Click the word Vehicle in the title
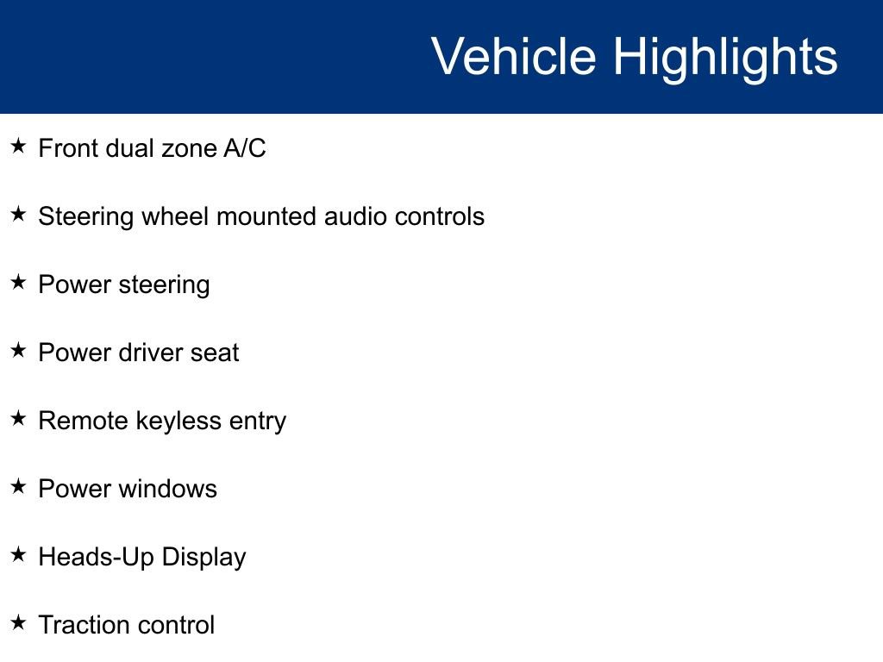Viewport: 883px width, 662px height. [514, 55]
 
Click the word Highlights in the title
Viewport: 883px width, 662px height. [725, 59]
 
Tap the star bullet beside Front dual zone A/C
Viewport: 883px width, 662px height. [19, 146]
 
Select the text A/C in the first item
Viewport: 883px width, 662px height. [244, 148]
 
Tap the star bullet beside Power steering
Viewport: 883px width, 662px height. [19, 282]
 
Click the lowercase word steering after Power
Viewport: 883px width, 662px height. [165, 286]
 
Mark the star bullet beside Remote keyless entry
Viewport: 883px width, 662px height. [19, 418]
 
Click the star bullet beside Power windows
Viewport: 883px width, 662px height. [19, 486]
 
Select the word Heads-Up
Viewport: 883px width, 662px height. [96, 558]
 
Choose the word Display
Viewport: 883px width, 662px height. [204, 558]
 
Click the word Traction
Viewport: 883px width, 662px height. [84, 625]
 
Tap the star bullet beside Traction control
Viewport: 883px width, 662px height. [19, 622]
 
